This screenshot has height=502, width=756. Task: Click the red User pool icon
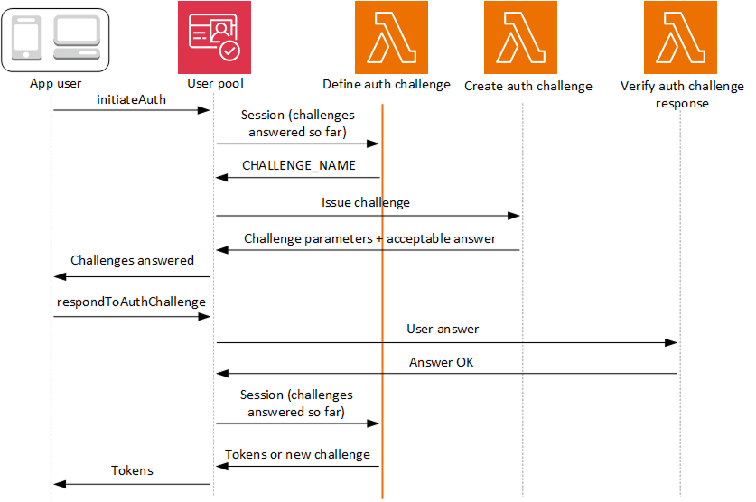(214, 37)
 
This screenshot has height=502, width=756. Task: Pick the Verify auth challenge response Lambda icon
(679, 37)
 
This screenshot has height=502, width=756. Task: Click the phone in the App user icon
(26, 39)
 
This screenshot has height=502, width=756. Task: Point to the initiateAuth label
(131, 99)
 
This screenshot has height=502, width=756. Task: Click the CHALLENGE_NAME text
(299, 166)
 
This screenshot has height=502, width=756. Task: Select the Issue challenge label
(366, 203)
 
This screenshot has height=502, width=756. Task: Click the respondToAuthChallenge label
(131, 302)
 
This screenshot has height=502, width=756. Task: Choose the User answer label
(443, 330)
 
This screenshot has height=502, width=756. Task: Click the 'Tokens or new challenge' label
(297, 454)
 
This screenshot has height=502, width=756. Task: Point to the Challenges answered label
(132, 260)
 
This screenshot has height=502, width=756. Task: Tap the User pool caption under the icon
(215, 84)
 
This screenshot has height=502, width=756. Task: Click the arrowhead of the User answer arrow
(673, 342)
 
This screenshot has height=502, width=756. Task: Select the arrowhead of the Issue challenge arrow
(516, 216)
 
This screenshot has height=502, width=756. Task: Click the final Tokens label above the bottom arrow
(132, 470)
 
